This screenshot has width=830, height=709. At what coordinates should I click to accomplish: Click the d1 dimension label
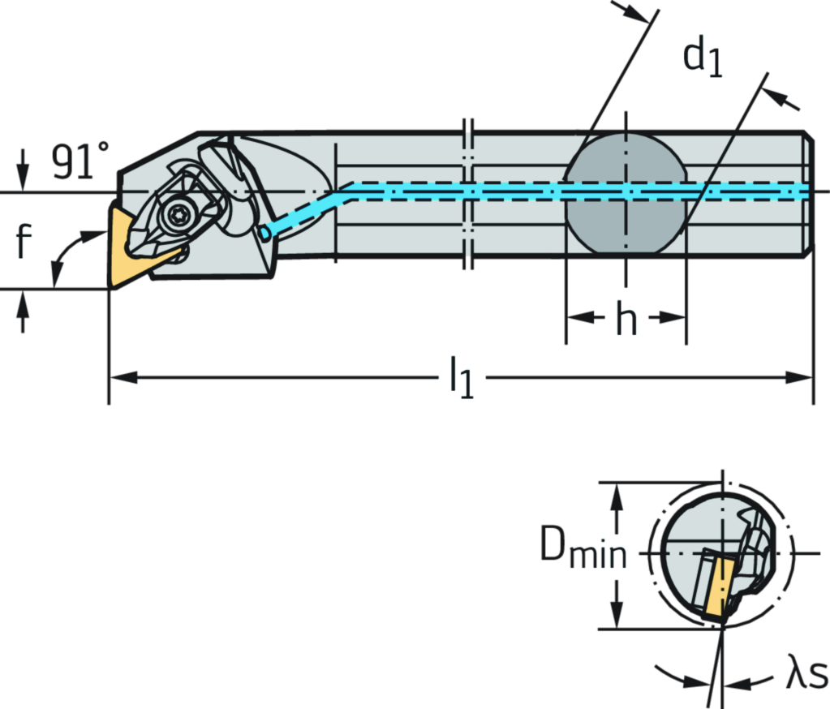click(x=703, y=56)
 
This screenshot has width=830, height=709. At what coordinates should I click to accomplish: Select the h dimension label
click(x=626, y=318)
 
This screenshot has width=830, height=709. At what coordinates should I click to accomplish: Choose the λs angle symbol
click(x=806, y=675)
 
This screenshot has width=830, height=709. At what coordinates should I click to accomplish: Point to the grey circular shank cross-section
click(x=626, y=191)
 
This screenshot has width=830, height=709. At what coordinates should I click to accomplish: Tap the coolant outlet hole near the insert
click(x=264, y=233)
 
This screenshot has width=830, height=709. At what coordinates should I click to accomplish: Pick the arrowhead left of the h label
click(x=575, y=317)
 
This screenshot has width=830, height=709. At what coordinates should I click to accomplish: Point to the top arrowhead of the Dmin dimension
click(x=618, y=492)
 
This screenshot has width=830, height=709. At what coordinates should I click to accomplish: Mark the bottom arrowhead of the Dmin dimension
click(x=618, y=617)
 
